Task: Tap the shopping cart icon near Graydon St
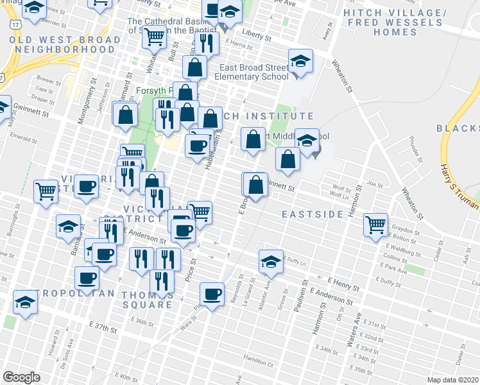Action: click(375, 225)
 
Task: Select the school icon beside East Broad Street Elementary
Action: click(298, 62)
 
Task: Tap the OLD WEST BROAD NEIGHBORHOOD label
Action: click(65, 44)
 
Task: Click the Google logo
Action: click(22, 377)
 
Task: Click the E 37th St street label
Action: click(103, 330)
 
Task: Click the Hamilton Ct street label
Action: click(259, 363)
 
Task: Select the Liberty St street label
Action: click(256, 35)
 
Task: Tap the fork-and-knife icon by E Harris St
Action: click(206, 43)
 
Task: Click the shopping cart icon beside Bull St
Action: click(154, 38)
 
